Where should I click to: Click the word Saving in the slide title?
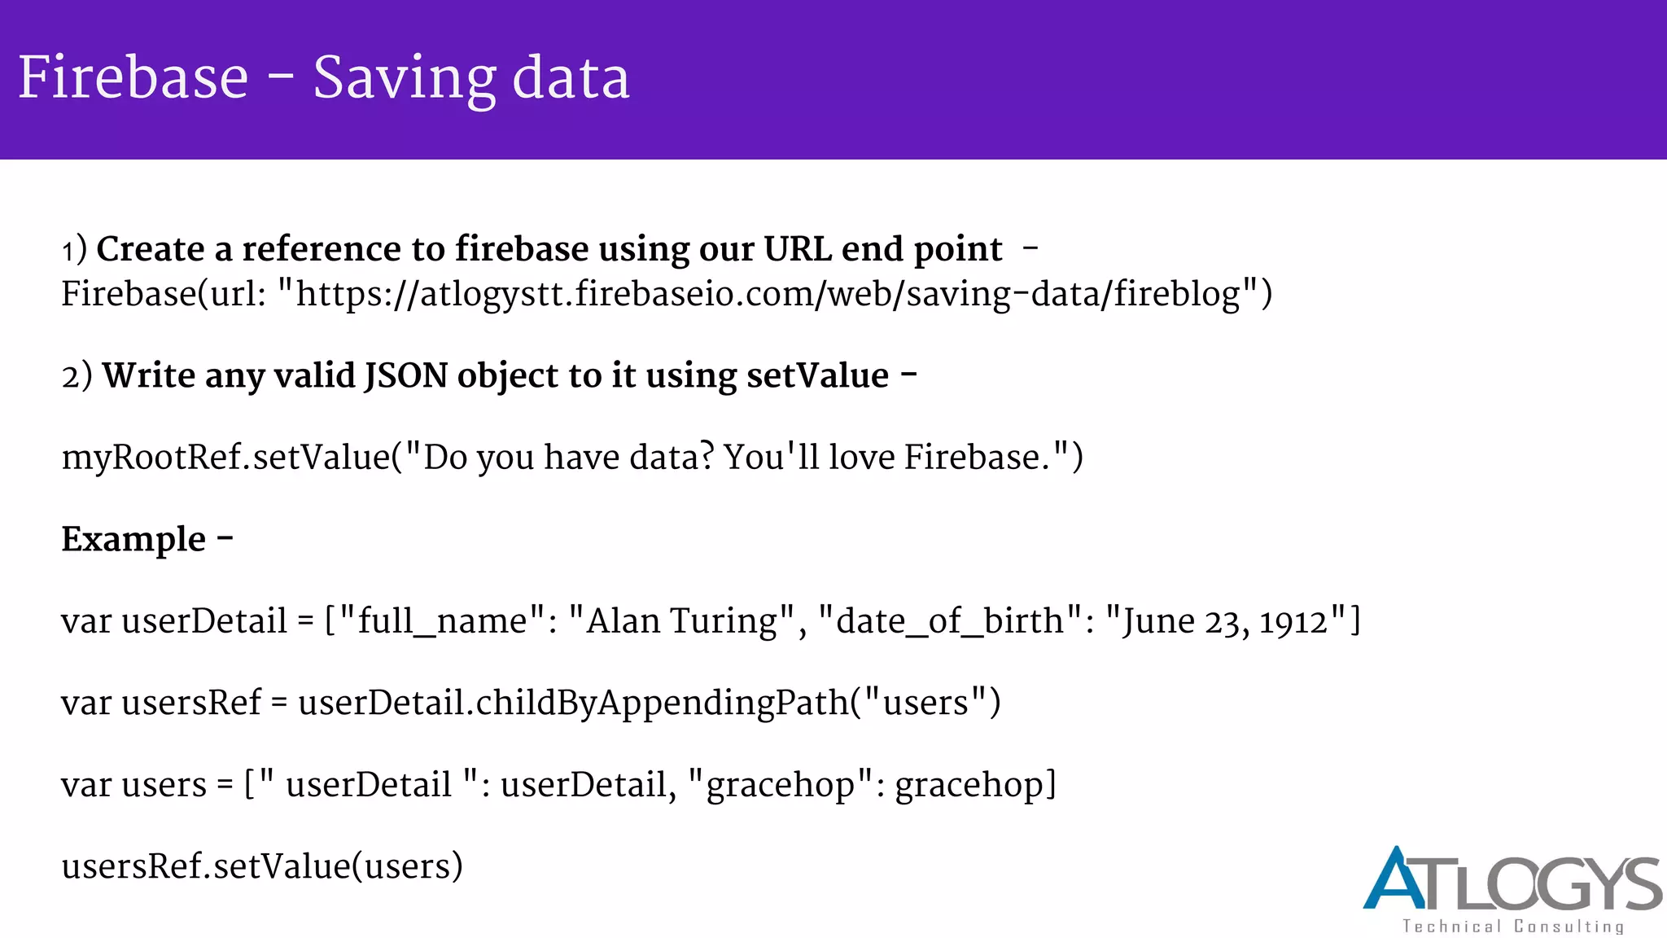point(404,79)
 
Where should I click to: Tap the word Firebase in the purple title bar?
point(133,78)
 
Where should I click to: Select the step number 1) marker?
point(74,250)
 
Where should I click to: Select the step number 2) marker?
point(77,376)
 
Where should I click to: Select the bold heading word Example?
point(133,540)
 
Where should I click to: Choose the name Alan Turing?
point(682,621)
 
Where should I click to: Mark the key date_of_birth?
point(949,621)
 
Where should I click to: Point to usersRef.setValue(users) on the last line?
point(262,866)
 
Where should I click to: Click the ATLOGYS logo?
point(1512,879)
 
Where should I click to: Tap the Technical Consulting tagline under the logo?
point(1512,927)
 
